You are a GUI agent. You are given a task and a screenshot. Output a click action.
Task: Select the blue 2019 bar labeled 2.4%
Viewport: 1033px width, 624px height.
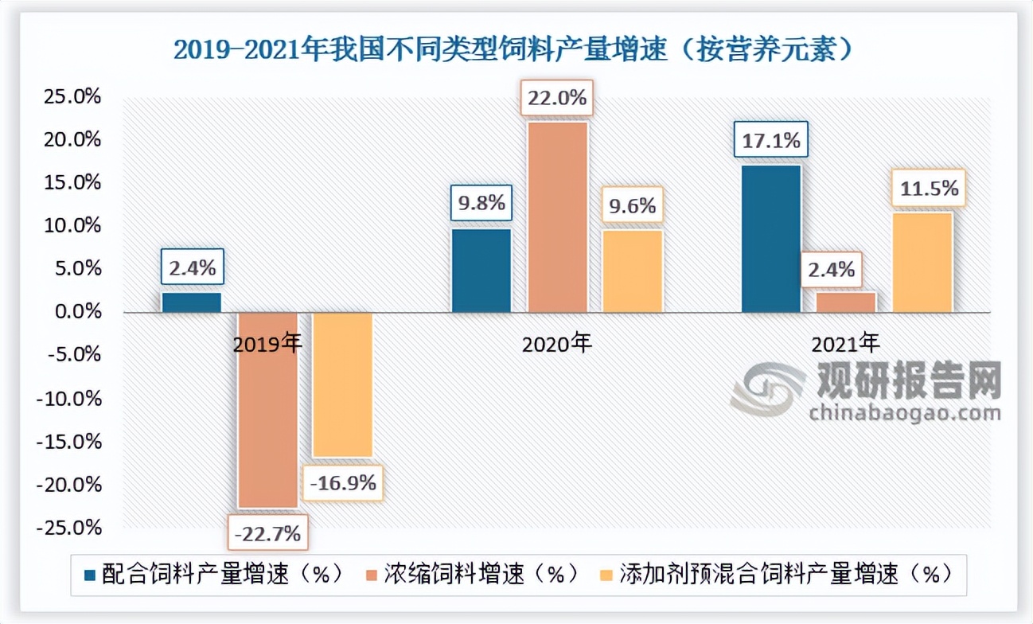192,302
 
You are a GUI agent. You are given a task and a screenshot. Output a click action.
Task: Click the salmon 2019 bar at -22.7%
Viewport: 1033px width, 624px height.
268,409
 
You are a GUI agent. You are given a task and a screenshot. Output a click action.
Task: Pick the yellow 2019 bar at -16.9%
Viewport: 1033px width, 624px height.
342,384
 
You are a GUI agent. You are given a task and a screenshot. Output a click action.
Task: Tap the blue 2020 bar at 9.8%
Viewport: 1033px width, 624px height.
481,270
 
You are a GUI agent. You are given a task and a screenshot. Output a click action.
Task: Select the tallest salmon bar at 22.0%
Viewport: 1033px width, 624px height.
558,216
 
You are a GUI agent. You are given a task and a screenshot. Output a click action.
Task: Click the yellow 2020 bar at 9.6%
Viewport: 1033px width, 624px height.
633,271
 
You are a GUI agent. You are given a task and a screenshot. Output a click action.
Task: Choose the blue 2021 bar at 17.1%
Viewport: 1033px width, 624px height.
771,238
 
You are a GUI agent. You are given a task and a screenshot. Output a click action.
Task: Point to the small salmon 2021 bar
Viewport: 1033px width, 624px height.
847,302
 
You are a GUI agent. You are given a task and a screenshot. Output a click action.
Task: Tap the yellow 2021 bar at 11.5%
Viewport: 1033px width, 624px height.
922,262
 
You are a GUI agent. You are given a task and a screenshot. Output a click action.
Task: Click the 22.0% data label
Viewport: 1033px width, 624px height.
557,99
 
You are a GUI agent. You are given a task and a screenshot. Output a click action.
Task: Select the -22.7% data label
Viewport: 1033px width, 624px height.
268,532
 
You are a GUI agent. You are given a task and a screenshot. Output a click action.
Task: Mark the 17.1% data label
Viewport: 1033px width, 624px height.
771,142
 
